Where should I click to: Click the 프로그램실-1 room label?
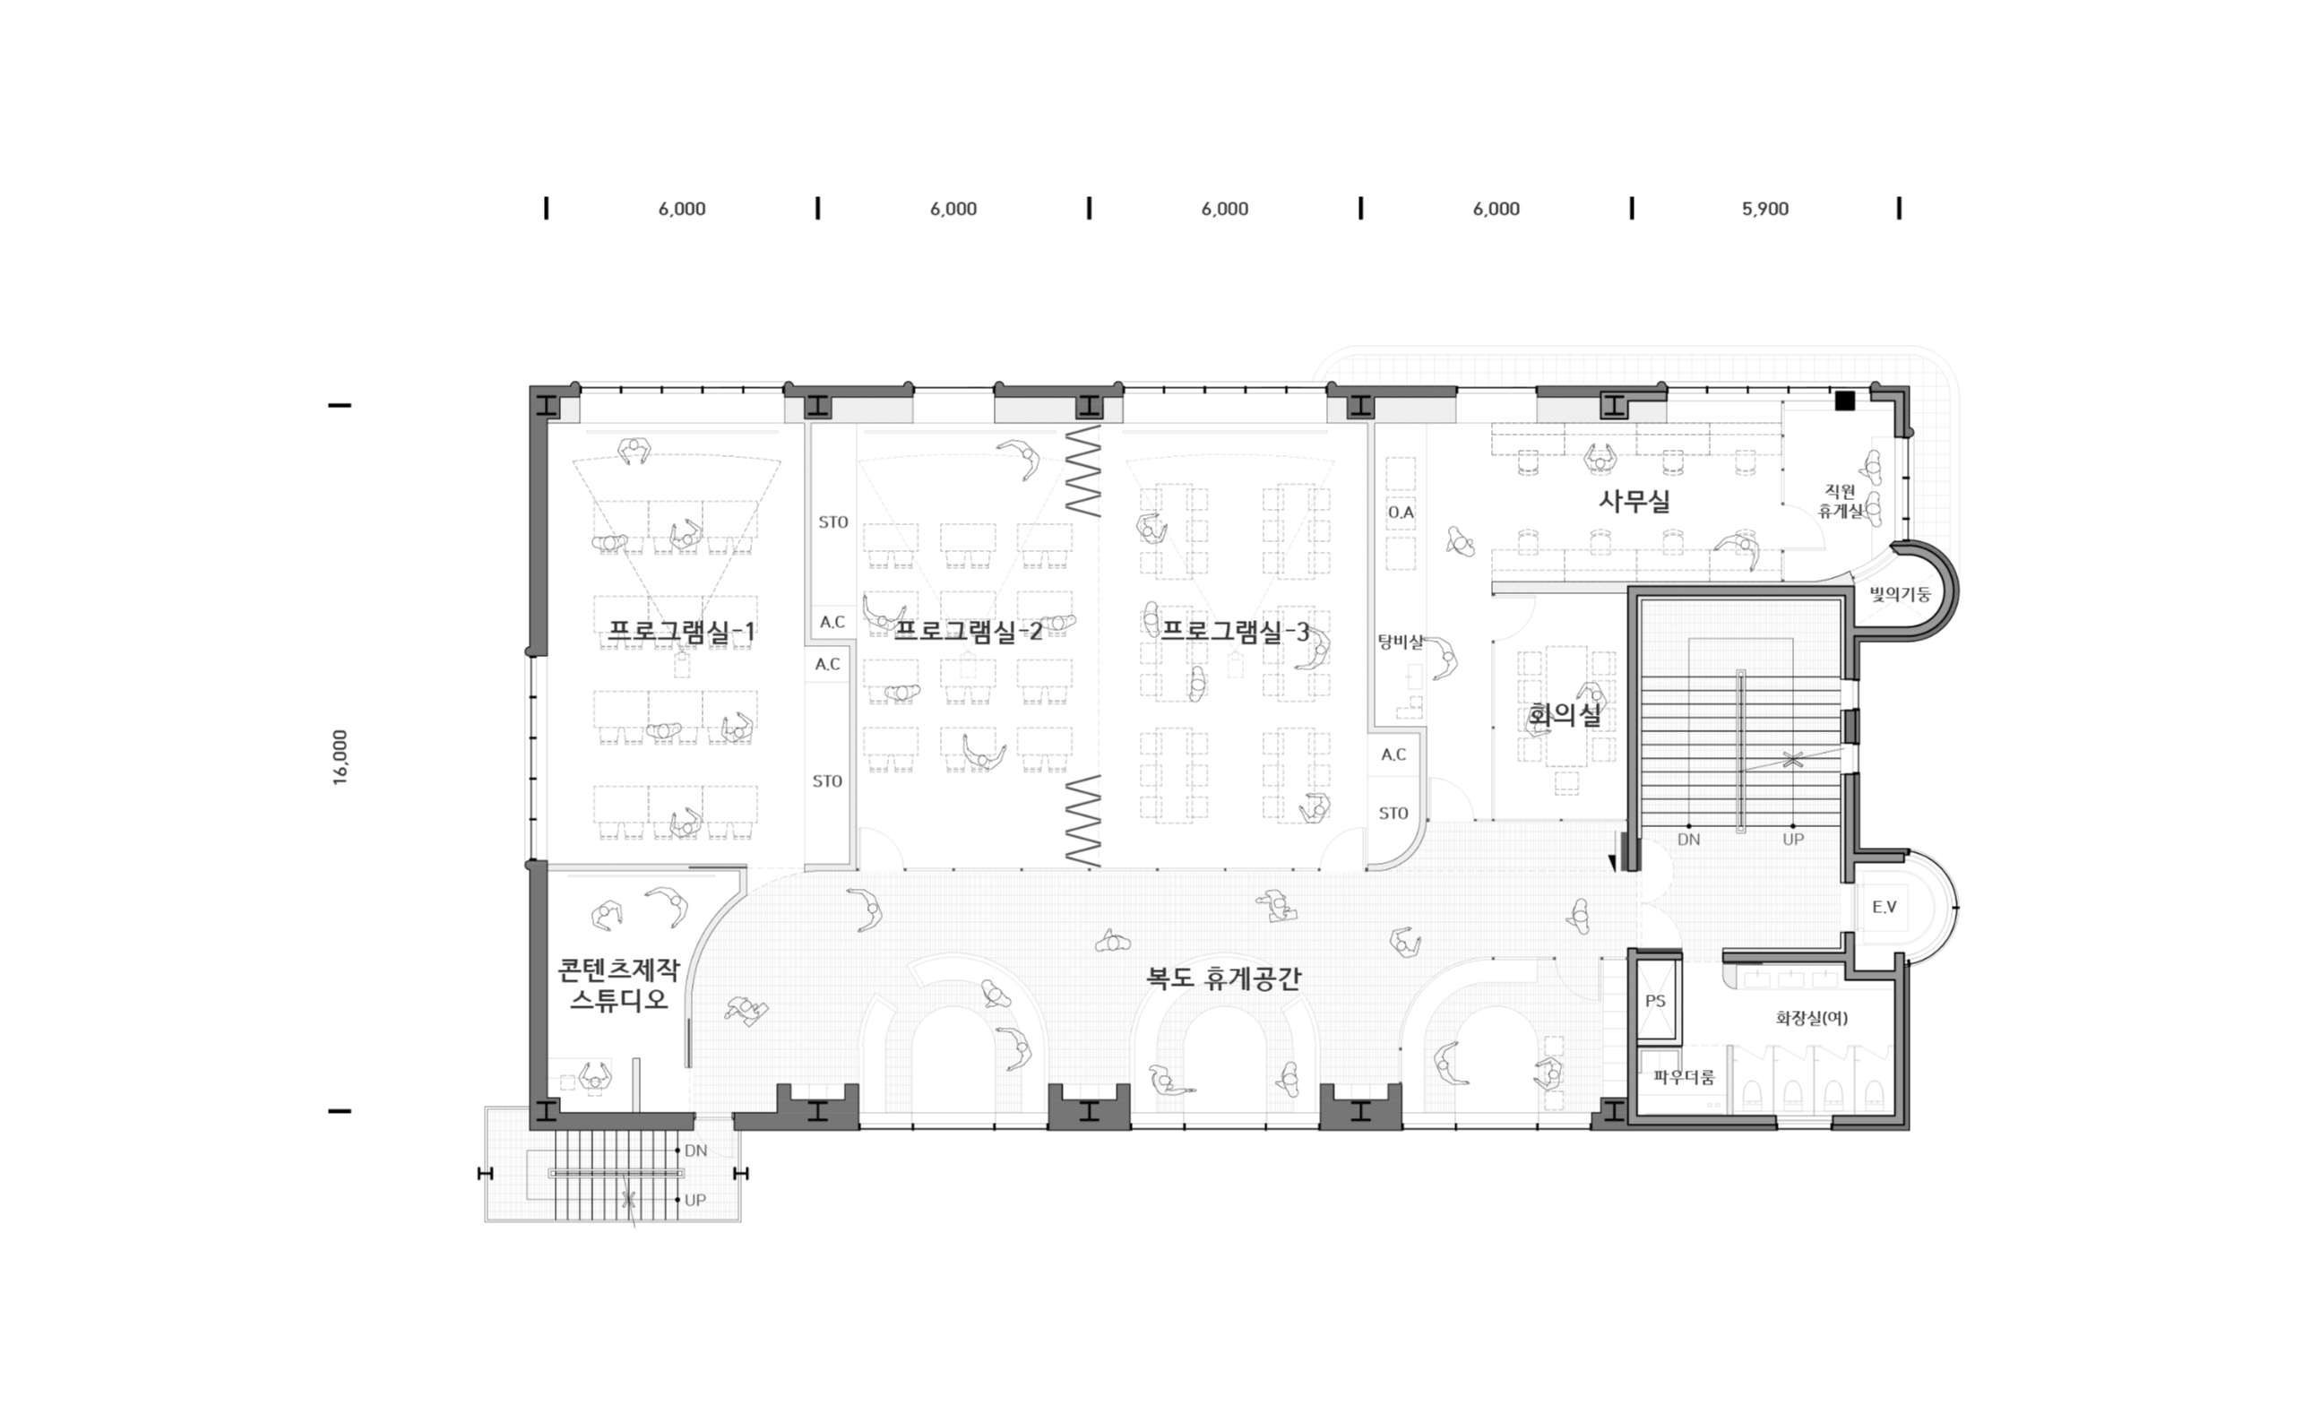click(x=681, y=631)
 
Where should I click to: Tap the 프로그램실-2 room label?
click(x=967, y=631)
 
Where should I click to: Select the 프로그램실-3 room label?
click(x=1235, y=631)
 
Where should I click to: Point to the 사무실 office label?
click(x=1634, y=500)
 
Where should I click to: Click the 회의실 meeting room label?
click(x=1564, y=715)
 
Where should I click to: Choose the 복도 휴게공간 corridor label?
click(x=1223, y=978)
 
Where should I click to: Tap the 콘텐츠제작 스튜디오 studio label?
click(x=618, y=984)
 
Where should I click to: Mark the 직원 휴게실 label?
click(x=1840, y=501)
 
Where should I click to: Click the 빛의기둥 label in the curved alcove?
click(x=1900, y=594)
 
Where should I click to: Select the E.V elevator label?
click(x=1884, y=907)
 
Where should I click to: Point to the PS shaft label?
click(x=1655, y=1001)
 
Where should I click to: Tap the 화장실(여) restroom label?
click(x=1812, y=1018)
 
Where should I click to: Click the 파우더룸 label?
click(x=1684, y=1077)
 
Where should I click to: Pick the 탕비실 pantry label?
click(x=1400, y=642)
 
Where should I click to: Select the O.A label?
click(x=1401, y=513)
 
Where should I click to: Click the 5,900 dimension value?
click(x=1765, y=209)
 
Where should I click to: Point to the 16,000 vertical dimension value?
click(x=340, y=757)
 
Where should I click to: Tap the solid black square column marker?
click(x=1844, y=401)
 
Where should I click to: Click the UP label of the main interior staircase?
click(x=1793, y=839)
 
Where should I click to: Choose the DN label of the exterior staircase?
click(x=695, y=1151)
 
